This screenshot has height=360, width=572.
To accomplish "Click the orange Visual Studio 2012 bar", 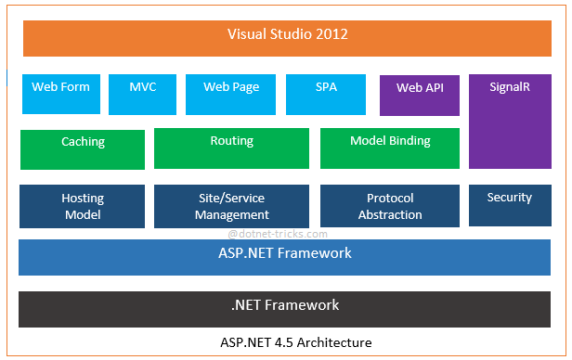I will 288,37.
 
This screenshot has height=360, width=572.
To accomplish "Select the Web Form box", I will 61,94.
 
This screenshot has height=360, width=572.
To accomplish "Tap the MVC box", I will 142,94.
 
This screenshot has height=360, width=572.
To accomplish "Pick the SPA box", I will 326,94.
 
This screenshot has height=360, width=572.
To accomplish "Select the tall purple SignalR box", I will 509,121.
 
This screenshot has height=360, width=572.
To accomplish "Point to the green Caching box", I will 83,148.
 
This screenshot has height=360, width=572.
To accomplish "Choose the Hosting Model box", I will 83,206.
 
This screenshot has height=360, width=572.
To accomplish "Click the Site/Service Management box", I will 231,206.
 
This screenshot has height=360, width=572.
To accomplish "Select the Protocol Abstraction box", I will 390,206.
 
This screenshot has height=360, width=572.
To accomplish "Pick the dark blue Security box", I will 509,205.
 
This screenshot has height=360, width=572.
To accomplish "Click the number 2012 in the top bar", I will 331,34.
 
